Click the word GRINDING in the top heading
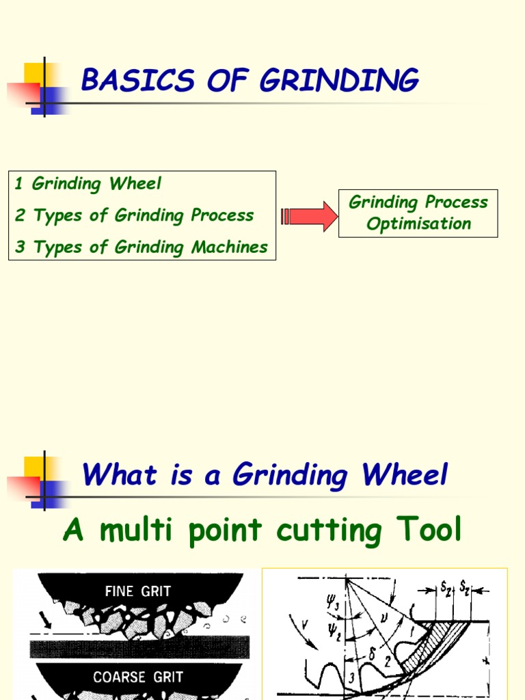(x=339, y=81)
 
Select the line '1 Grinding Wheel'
(x=88, y=184)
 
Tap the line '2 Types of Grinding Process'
(x=134, y=215)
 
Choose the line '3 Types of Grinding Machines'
(x=142, y=247)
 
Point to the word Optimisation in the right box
(x=418, y=224)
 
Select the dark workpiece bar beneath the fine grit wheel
(x=139, y=647)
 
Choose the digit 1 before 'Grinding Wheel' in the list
(x=19, y=184)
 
